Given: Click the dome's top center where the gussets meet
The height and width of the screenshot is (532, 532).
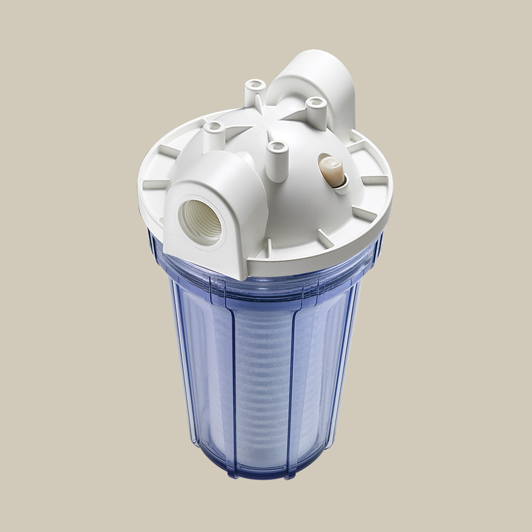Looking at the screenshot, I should pos(277,125).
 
